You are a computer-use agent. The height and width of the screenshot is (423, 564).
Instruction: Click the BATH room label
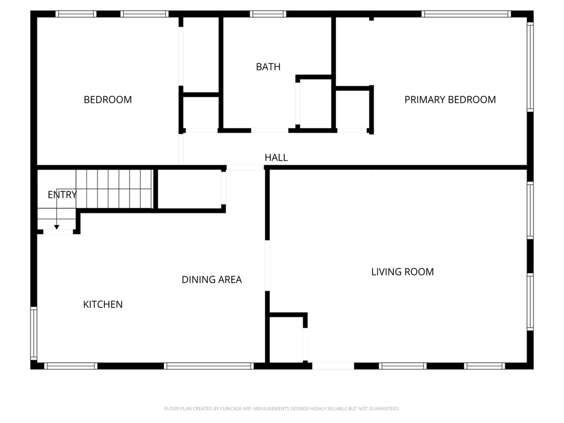[x=268, y=67]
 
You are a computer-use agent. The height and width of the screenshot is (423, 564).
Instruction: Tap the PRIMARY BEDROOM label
[x=450, y=100]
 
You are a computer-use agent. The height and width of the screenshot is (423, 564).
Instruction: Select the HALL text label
[x=276, y=158]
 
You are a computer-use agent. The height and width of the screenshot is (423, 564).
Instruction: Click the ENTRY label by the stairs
[x=62, y=194]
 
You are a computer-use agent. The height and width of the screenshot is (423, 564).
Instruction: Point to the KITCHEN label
[x=103, y=304]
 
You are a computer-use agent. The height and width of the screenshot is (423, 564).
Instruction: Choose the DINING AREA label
[x=211, y=279]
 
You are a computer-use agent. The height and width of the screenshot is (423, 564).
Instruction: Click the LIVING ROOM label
[x=403, y=272]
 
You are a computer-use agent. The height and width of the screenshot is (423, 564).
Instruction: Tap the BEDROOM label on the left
[x=107, y=100]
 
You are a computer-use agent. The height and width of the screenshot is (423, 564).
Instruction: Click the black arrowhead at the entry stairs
[x=57, y=227]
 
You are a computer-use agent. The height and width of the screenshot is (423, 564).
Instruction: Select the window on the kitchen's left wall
[x=34, y=333]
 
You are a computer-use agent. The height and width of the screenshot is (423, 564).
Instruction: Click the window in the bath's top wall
[x=268, y=14]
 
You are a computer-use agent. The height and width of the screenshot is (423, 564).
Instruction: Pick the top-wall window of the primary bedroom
[x=466, y=14]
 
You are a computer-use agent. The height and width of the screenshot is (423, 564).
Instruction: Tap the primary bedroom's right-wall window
[x=530, y=67]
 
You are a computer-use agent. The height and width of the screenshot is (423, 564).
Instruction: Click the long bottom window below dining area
[x=209, y=366]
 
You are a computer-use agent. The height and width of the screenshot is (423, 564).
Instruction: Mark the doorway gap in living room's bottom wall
[x=333, y=366]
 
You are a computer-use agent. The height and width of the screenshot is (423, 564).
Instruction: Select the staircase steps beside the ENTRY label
[x=113, y=189]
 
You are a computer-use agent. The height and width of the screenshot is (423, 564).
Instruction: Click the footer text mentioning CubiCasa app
[x=281, y=409]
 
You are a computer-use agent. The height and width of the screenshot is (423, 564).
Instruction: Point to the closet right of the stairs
[x=189, y=189]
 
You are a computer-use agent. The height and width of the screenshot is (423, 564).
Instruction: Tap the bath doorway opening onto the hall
[x=269, y=131]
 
